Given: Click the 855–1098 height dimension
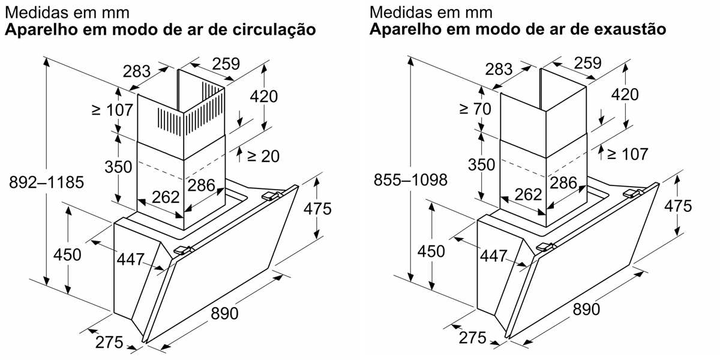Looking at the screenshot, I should (410, 179).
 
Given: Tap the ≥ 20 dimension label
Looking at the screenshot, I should (263, 156).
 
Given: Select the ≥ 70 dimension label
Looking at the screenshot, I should (475, 109).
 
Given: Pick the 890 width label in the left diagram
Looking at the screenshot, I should (224, 313).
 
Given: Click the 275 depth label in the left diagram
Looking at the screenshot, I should (109, 342).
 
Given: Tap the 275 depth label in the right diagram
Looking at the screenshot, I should (472, 338).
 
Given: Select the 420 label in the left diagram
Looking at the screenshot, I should (264, 96).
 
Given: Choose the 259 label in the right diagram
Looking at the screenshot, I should (587, 63).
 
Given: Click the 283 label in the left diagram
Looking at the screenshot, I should (136, 71).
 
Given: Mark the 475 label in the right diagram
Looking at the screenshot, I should (678, 206).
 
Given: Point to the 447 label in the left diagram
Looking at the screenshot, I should (131, 259).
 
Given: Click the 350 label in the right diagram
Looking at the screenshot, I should (481, 164).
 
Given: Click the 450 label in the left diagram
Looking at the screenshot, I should (67, 254).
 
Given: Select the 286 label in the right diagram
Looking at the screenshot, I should (564, 183).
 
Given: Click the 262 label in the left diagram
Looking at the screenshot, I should (166, 197).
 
